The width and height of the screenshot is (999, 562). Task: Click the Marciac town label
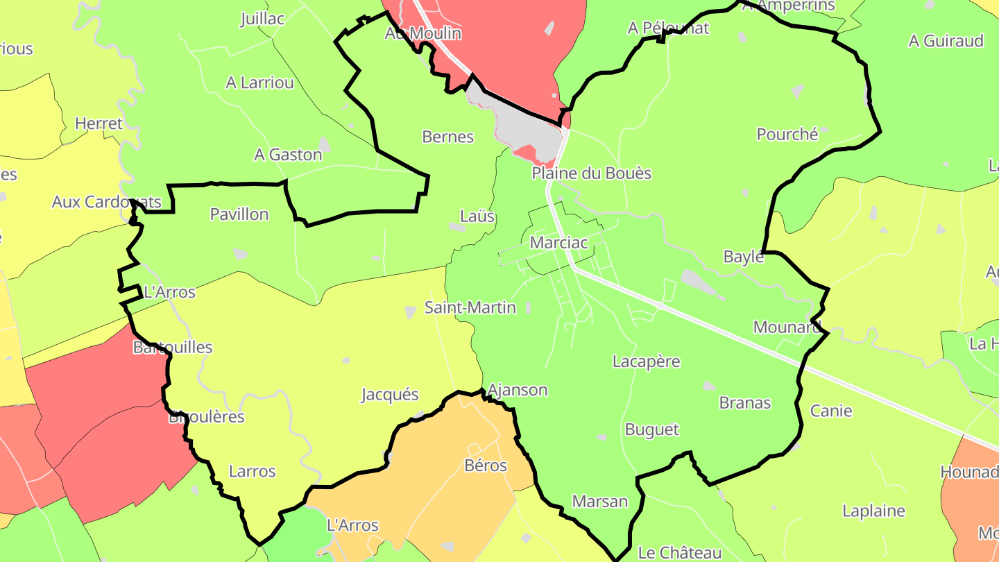pos(558,243)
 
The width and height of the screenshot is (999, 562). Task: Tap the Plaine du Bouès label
pos(592,173)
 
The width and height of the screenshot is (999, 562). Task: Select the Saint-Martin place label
pos(470,307)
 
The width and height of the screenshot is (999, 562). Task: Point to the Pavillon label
pos(239,214)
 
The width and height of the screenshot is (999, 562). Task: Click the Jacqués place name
pos(390,395)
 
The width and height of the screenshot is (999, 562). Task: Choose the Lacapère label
pos(646,361)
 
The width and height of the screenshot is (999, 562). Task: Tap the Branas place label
pos(744,402)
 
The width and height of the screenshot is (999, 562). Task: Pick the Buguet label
pos(651,429)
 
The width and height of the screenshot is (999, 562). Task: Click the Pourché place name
pos(787,134)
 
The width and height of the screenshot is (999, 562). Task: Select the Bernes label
pos(447,137)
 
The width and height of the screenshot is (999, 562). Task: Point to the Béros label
pos(486,465)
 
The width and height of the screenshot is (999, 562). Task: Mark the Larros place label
pos(252,471)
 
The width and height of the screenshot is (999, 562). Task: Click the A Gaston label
pos(288,154)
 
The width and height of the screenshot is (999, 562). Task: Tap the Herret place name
pos(99,124)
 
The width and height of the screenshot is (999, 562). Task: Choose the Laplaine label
pos(873,511)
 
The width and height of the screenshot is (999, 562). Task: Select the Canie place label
pos(831,411)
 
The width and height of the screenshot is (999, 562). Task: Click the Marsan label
pos(599,501)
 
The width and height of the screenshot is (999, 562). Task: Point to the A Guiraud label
pos(946,41)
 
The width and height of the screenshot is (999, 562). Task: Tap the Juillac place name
pos(262,19)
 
